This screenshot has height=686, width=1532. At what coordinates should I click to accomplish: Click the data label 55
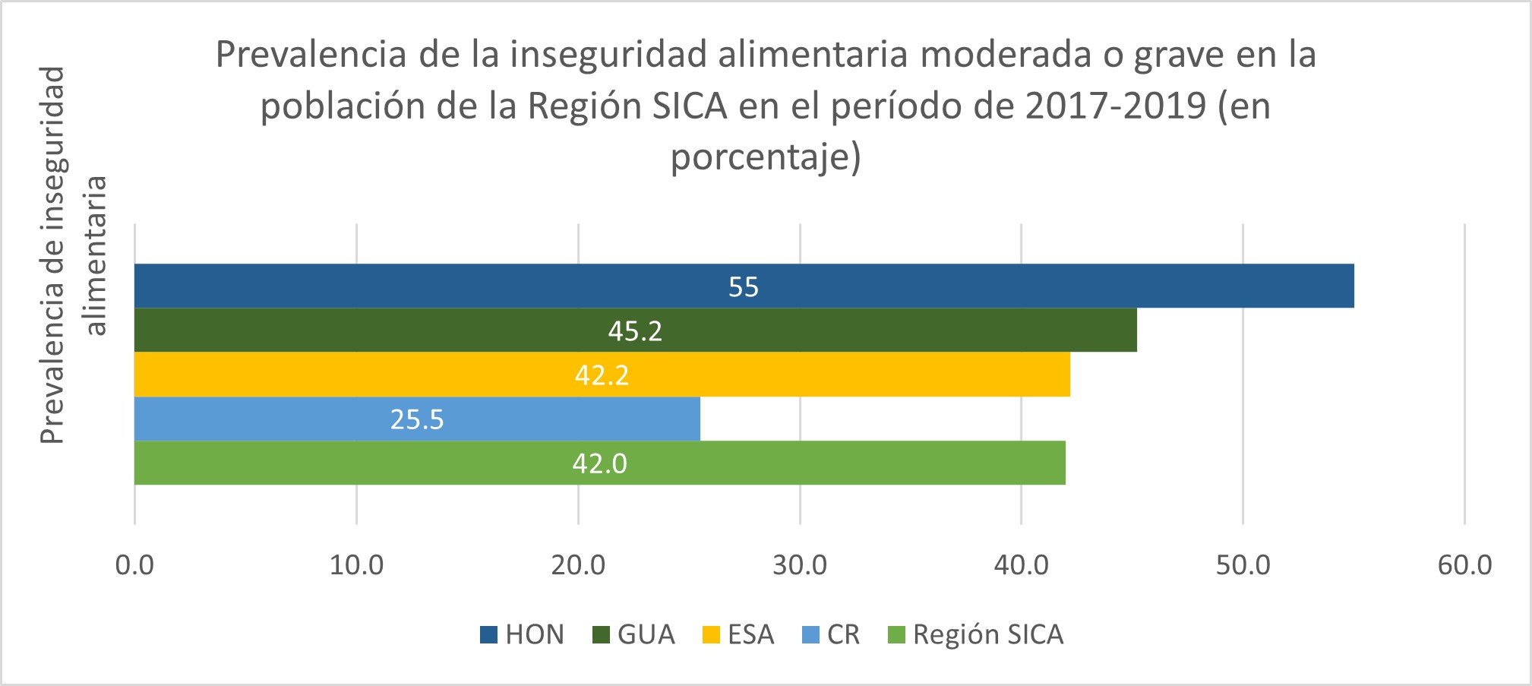click(744, 286)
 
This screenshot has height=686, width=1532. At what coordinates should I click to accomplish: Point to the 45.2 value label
click(635, 330)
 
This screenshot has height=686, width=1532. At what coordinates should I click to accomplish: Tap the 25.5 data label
click(417, 419)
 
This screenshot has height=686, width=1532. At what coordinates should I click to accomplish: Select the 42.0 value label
click(599, 463)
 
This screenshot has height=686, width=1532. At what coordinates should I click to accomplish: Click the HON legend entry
click(523, 634)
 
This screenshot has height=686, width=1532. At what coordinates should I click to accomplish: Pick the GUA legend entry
click(634, 634)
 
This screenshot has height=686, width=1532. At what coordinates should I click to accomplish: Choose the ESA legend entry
click(739, 634)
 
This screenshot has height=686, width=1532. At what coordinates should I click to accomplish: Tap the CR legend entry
click(832, 634)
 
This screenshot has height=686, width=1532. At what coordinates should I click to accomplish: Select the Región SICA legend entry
click(976, 634)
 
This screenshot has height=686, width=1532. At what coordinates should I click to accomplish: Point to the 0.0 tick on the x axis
click(134, 565)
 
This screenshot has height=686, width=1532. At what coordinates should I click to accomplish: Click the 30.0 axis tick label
click(800, 565)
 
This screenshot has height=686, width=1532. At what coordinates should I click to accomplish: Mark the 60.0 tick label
click(1464, 565)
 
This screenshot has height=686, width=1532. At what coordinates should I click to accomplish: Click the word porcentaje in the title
click(760, 157)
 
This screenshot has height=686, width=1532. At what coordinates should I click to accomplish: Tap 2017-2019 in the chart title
click(1115, 106)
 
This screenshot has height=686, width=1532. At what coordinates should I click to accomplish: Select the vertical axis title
click(74, 254)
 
